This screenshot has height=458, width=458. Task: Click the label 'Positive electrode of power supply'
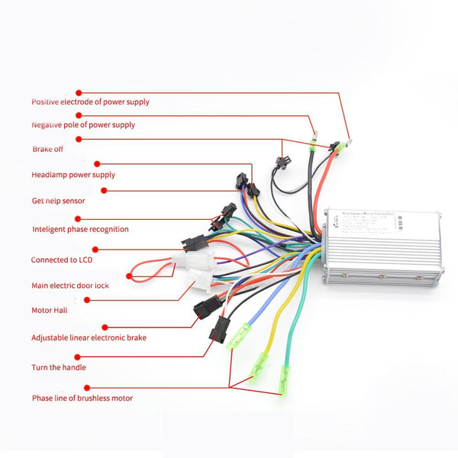pos(90,102)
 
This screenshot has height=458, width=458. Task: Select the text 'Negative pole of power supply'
pos(82,124)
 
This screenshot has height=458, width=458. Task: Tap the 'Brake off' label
pos(47,149)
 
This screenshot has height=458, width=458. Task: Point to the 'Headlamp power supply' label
pos(73,175)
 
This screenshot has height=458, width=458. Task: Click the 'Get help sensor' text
pos(58,201)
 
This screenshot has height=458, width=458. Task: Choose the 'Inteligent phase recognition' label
pos(80,229)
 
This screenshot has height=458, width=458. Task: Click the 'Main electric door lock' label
pos(70,285)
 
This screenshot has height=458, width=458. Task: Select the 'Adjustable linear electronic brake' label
pos(89,337)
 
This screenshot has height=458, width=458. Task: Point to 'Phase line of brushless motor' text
pos(82,398)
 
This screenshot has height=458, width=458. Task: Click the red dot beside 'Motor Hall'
pos(87,299)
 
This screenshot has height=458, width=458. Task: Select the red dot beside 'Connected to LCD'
pos(95,248)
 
